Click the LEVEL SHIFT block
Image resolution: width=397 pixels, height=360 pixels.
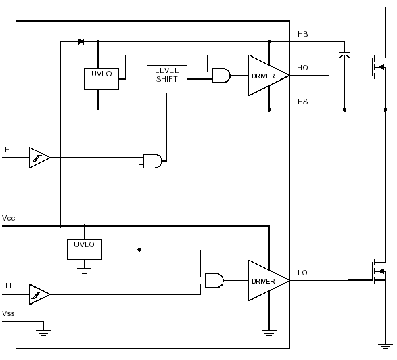[x=167, y=79]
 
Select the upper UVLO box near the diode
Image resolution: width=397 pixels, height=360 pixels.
[x=101, y=78]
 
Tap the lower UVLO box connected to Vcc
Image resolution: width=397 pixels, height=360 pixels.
[x=85, y=249]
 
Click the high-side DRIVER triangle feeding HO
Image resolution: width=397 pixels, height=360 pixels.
[x=268, y=76]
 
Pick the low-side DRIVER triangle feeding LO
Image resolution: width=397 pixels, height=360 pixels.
[x=268, y=280]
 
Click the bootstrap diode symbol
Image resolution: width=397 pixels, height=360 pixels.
[x=80, y=41]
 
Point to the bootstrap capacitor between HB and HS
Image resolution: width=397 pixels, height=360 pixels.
[x=345, y=55]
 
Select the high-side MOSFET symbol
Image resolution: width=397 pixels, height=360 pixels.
[x=379, y=67]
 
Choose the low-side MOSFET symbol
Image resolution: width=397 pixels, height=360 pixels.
[x=379, y=272]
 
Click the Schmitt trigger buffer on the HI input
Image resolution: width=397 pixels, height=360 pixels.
[x=39, y=158]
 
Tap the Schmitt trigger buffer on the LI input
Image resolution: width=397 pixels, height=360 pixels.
[x=39, y=294]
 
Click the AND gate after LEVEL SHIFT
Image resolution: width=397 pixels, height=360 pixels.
[x=221, y=76]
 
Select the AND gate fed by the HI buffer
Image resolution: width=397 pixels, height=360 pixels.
[x=153, y=161]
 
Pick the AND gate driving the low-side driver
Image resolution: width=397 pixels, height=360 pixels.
[x=214, y=280]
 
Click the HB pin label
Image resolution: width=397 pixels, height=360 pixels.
[x=303, y=34]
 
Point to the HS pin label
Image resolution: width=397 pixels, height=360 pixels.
[x=303, y=102]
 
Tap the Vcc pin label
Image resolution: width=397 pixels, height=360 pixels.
[x=8, y=218]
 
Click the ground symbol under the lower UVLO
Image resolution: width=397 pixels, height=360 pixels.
[x=85, y=271]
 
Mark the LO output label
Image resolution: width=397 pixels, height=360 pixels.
[x=302, y=273]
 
